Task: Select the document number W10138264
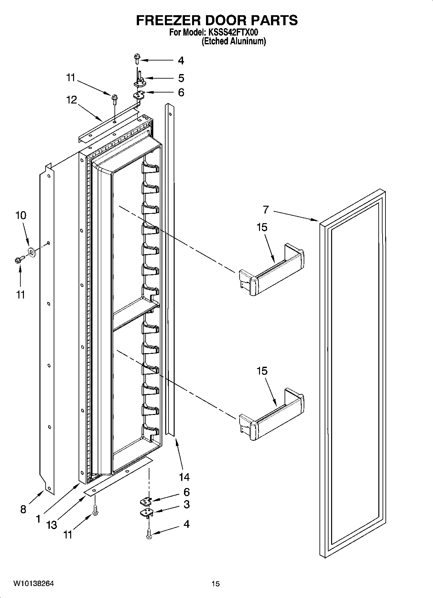[34, 584]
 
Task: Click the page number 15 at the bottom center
[216, 584]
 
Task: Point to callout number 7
[265, 210]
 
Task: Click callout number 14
[184, 477]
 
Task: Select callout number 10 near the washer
[21, 215]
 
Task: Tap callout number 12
[72, 100]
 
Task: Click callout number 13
[52, 525]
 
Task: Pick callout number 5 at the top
[181, 78]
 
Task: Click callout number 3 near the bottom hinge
[186, 504]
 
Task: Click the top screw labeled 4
[137, 59]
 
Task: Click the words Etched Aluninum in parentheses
[234, 41]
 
